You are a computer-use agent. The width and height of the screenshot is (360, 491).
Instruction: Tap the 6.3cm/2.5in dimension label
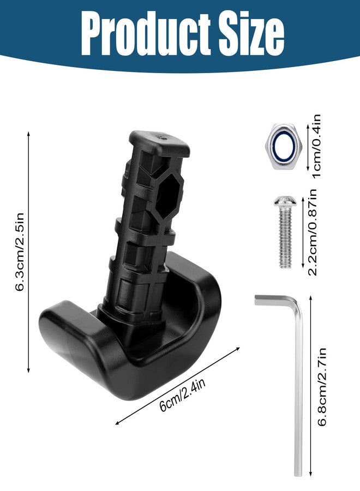tap(20, 252)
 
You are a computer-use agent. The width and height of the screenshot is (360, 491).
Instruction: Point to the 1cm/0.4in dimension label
tap(317, 146)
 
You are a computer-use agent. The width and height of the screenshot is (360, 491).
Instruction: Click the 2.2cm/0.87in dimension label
tap(313, 232)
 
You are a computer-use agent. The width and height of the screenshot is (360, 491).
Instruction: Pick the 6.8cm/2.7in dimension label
tap(322, 387)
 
